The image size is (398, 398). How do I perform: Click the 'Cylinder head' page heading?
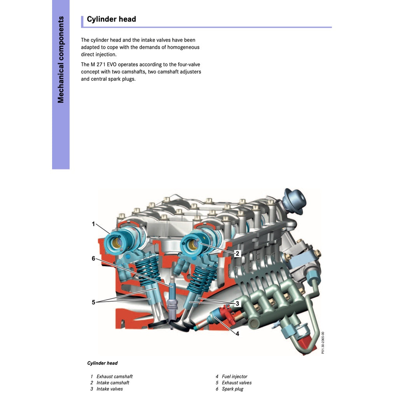[111, 19]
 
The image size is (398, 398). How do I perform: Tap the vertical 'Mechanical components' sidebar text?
[61, 59]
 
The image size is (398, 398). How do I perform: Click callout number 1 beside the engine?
[93, 224]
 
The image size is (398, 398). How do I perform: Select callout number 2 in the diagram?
[238, 253]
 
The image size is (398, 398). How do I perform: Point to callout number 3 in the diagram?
[237, 303]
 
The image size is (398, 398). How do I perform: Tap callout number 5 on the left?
[93, 302]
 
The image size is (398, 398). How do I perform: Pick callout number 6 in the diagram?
[93, 258]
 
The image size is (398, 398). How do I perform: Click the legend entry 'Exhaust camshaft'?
[114, 377]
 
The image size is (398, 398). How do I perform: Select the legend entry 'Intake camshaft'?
[113, 383]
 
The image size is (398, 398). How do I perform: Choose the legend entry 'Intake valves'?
[110, 389]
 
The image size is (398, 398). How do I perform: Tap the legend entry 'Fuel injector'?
[234, 377]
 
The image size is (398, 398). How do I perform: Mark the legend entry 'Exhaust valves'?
[237, 383]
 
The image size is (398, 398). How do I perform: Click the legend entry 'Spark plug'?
[232, 389]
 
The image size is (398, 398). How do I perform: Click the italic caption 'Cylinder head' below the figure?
[102, 363]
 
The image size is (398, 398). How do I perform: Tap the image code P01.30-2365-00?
[323, 342]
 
